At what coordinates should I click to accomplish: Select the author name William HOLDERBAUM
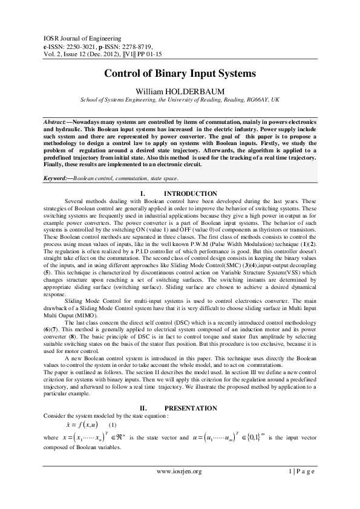click(x=180, y=90)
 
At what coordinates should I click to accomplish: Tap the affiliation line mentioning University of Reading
click(x=180, y=99)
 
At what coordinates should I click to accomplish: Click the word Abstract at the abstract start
click(x=57, y=122)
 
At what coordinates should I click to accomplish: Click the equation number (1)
click(x=112, y=424)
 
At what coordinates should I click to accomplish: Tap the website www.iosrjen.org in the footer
click(x=179, y=472)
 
